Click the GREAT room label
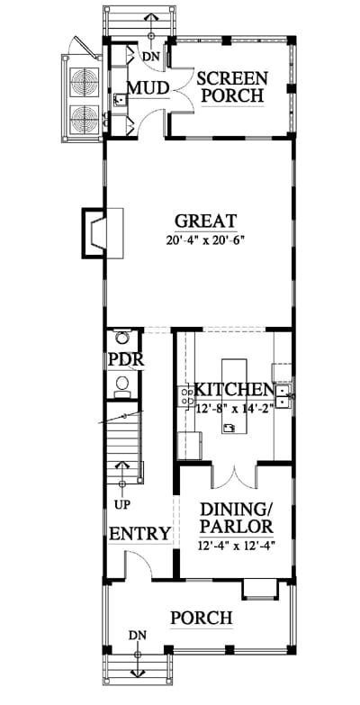point(205,221)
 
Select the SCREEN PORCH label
point(232,86)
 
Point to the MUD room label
point(148,88)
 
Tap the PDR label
point(126,359)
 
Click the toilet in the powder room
point(121,385)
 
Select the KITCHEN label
point(234,389)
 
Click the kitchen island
point(234,395)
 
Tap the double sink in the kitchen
point(283,395)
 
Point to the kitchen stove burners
point(186,395)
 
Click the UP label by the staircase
point(122,504)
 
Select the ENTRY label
point(140,534)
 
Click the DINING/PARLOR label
point(236,518)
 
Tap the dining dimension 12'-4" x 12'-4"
point(236,546)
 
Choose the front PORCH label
point(202,618)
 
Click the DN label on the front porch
point(138,636)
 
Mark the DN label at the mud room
point(148,56)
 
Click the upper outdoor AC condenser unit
point(84,80)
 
